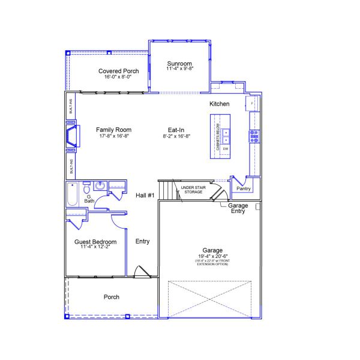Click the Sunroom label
pyautogui.click(x=179, y=64)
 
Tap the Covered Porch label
pyautogui.click(x=119, y=71)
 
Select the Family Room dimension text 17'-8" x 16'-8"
pyautogui.click(x=113, y=136)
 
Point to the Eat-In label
pyautogui.click(x=176, y=130)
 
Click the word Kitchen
pyautogui.click(x=220, y=104)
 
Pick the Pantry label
pyautogui.click(x=244, y=188)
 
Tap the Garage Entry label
pyautogui.click(x=238, y=208)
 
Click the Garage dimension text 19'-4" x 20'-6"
pyautogui.click(x=213, y=257)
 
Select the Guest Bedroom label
pyautogui.click(x=95, y=242)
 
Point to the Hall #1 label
pyautogui.click(x=145, y=196)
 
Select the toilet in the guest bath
pyautogui.click(x=87, y=188)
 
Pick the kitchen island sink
pyautogui.click(x=226, y=133)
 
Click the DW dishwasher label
pyautogui.click(x=226, y=149)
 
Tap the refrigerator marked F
pyautogui.click(x=252, y=104)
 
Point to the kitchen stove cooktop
pyautogui.click(x=254, y=135)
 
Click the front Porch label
pyautogui.click(x=112, y=297)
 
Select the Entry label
pyautogui.click(x=143, y=242)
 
